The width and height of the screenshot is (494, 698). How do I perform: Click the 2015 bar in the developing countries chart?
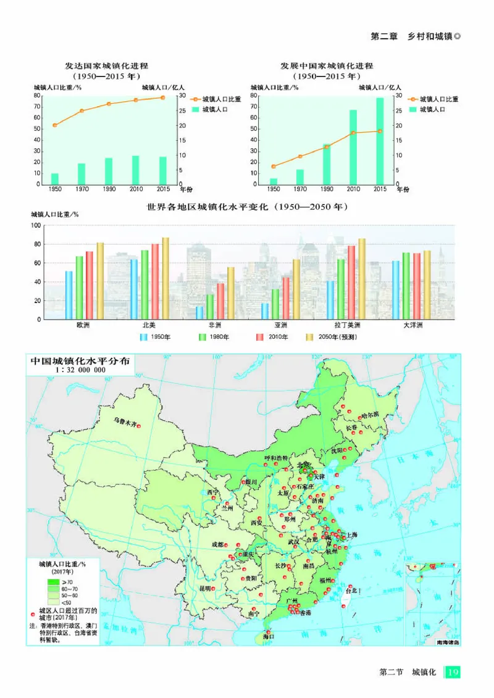tap(380, 141)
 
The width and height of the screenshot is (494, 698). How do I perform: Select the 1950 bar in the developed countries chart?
tap(55, 178)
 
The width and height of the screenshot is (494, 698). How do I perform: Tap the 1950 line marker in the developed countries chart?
tap(55, 125)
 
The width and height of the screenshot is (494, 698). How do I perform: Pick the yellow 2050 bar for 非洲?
tap(231, 293)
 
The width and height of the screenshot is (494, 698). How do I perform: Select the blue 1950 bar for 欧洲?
tap(69, 295)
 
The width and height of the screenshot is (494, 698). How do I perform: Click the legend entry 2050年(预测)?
tap(331, 338)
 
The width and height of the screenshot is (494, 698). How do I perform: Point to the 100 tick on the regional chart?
tap(35, 226)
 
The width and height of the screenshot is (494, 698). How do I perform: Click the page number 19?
tap(453, 671)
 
